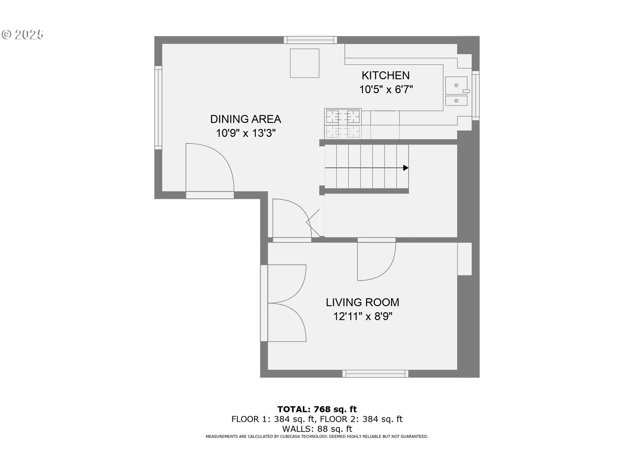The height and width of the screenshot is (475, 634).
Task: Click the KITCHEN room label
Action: [385, 76]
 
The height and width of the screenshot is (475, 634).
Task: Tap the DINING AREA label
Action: [245, 119]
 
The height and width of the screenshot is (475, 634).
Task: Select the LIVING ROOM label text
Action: [362, 302]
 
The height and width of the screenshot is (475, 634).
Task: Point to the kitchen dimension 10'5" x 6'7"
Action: [386, 90]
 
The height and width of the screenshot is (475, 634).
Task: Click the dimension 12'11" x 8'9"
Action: [363, 317]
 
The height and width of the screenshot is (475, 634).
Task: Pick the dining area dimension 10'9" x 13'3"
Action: [246, 133]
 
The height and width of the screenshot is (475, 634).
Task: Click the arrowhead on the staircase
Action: [406, 168]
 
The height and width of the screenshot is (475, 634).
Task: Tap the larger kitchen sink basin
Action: [456, 85]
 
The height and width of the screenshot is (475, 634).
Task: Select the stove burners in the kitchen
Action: [343, 117]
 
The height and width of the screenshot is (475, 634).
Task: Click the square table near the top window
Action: [304, 63]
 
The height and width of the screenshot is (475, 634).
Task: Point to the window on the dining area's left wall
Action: [158, 108]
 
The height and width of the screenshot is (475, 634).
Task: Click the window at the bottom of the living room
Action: [375, 374]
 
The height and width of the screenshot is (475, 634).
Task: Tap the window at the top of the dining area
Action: [310, 40]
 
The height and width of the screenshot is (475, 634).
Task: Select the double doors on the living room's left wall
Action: [284, 303]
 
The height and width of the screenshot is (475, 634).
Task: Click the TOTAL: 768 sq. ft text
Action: [317, 409]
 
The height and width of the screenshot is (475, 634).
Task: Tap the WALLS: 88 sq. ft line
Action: [317, 429]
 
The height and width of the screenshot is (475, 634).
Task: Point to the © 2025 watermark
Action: [22, 35]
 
